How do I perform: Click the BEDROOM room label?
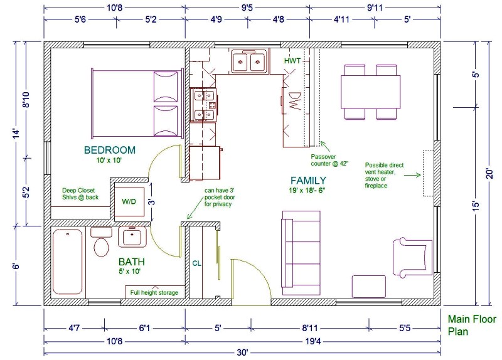point(109,150)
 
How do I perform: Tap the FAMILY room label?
point(308,181)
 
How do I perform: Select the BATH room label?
point(132,262)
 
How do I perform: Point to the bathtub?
point(68,262)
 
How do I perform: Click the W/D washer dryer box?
point(129,202)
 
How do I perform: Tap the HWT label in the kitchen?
point(292,61)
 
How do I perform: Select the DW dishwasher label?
point(295,101)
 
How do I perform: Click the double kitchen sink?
point(249,61)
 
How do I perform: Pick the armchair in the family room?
point(412,257)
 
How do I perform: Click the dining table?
point(371,92)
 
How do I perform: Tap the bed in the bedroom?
point(137,103)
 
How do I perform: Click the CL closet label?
point(197,263)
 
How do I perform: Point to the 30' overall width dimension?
point(242,352)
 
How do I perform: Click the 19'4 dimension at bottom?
point(312,341)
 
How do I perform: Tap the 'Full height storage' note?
point(154,292)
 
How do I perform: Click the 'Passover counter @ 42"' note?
point(329,160)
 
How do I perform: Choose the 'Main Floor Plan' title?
point(472,325)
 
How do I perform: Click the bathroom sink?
point(132,237)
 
